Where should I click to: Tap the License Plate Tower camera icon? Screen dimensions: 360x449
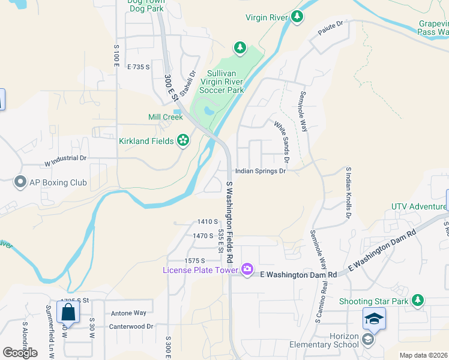247,269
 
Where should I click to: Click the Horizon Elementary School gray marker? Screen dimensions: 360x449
368,340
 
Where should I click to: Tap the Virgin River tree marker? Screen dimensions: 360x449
297,18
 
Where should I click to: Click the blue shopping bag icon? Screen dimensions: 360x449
68,312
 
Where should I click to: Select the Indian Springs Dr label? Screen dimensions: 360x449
260,170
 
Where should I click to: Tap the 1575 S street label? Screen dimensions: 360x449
195,260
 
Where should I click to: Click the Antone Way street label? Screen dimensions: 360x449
128,313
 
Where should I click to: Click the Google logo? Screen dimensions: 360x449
20,352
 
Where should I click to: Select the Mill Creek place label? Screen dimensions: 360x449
165,117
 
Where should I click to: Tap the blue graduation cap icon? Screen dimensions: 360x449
373,319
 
